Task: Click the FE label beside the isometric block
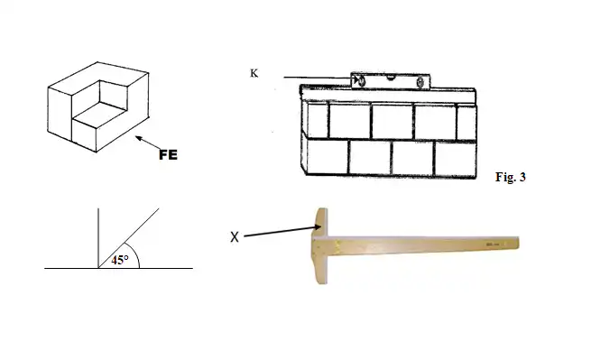(x=168, y=154)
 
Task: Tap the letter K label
(x=254, y=73)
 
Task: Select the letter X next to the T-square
(x=235, y=236)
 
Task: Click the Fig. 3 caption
(x=511, y=177)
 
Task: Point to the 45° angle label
(x=120, y=260)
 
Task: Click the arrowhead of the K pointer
(x=356, y=79)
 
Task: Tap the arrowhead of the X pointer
(x=319, y=227)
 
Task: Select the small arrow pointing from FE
(x=148, y=143)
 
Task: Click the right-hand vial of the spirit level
(x=420, y=81)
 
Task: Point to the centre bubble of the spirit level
(x=390, y=78)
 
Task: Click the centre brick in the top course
(x=392, y=122)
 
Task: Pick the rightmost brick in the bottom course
(x=456, y=158)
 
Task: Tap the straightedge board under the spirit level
(x=388, y=95)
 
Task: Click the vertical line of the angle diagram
(x=98, y=238)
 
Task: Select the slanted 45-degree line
(x=128, y=238)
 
